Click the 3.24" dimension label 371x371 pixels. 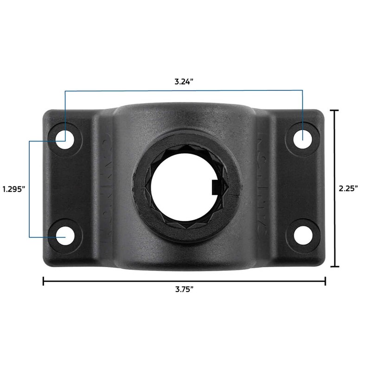(x=184, y=82)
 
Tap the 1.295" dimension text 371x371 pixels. (x=13, y=189)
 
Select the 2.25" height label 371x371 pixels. (x=348, y=188)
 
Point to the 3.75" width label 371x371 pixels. (x=184, y=289)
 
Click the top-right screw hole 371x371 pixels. (x=302, y=138)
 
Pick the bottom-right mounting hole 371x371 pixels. (x=302, y=234)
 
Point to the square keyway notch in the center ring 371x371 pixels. (x=215, y=187)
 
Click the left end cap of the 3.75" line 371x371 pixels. (x=44, y=281)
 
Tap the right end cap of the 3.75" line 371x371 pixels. (x=325, y=281)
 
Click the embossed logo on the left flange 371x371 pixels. (x=105, y=185)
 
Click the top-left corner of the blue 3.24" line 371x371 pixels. (x=65, y=91)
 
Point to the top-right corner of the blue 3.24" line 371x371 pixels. (x=302, y=91)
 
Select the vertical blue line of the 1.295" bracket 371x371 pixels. (x=30, y=188)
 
